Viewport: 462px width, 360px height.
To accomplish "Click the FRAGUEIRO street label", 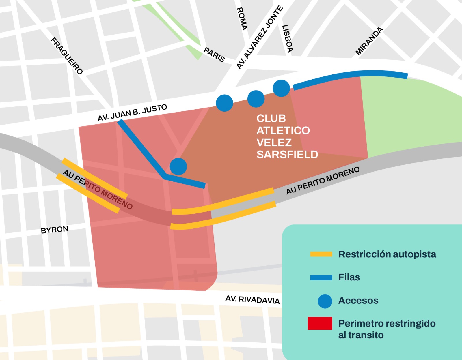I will [x=67, y=56].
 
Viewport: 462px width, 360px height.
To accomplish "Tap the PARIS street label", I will [x=214, y=55].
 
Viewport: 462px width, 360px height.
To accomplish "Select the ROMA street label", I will [x=242, y=19].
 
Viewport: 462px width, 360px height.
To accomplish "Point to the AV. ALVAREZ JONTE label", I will [x=259, y=37].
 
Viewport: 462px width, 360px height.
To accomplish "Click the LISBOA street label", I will [x=287, y=39].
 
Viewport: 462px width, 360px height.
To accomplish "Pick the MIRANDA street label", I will [x=369, y=41].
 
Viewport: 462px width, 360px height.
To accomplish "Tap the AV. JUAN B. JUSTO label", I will [x=132, y=113].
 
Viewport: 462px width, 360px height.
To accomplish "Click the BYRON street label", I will [x=55, y=230].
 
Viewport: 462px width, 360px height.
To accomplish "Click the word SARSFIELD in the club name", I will [x=287, y=155].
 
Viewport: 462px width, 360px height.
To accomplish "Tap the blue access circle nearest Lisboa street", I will [x=281, y=88].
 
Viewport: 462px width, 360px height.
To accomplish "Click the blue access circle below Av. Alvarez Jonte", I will [x=224, y=103].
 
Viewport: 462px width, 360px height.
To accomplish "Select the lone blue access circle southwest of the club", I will [x=178, y=166].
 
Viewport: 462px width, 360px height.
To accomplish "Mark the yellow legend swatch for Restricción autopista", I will [x=321, y=254].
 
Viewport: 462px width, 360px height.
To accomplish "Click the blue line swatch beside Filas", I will [x=321, y=277].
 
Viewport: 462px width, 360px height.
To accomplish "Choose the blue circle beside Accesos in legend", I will [x=325, y=301].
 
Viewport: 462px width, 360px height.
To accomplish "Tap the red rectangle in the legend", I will [x=320, y=323].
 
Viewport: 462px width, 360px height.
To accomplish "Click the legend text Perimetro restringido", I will [x=387, y=323].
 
